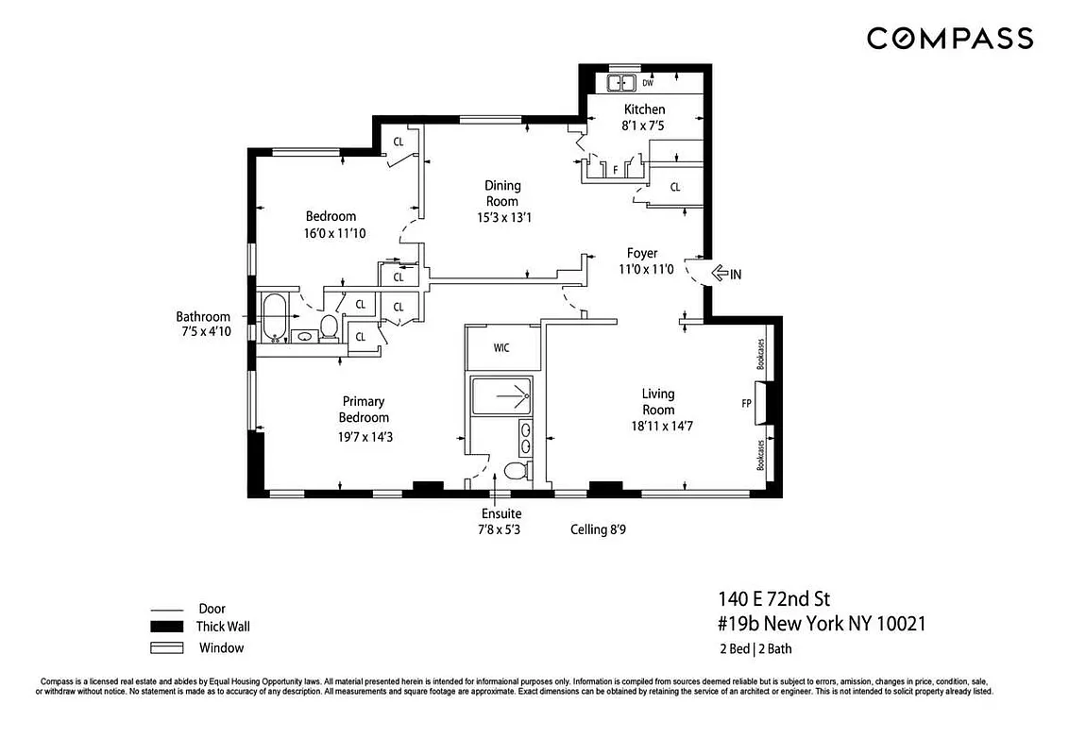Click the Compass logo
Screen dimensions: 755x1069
(950, 39)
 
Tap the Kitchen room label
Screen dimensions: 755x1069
(644, 109)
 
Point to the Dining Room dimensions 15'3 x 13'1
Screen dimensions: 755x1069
(502, 217)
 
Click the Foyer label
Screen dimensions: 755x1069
(642, 253)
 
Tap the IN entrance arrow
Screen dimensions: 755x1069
(725, 274)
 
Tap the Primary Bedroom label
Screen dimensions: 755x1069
(365, 409)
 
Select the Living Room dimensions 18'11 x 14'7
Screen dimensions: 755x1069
(658, 426)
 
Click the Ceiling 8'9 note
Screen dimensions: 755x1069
(598, 529)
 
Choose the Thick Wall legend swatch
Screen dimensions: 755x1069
(165, 627)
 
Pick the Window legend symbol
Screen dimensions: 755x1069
(165, 647)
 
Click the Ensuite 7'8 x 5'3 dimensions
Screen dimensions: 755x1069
(501, 529)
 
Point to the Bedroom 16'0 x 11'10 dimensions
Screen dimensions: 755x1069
(331, 232)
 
